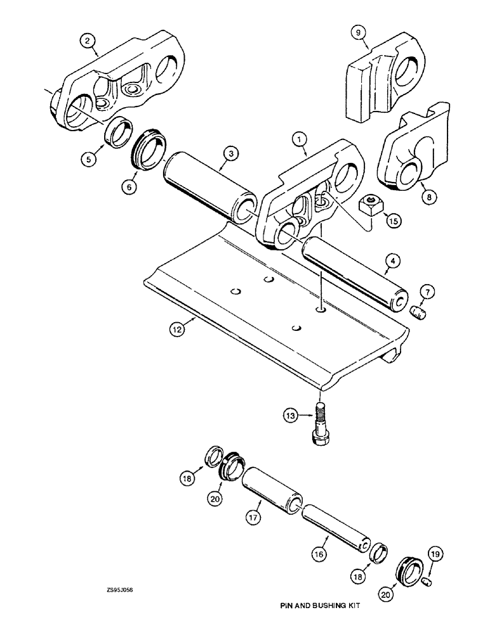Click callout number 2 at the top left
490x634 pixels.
(89, 41)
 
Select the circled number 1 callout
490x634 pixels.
(299, 136)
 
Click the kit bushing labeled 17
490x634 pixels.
(270, 488)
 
